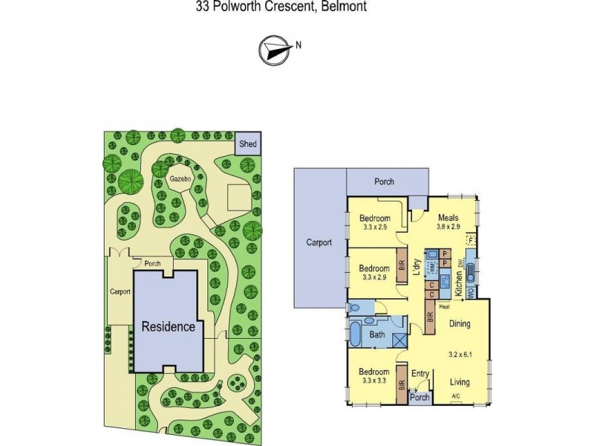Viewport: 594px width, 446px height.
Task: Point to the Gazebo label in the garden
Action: click(178, 180)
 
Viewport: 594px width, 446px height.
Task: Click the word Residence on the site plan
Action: click(169, 326)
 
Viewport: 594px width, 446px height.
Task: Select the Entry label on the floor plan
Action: click(420, 374)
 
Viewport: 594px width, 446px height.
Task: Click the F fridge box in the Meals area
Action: click(471, 240)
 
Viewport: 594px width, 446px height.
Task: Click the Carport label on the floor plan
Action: click(319, 242)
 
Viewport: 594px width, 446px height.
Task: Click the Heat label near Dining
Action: click(445, 306)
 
